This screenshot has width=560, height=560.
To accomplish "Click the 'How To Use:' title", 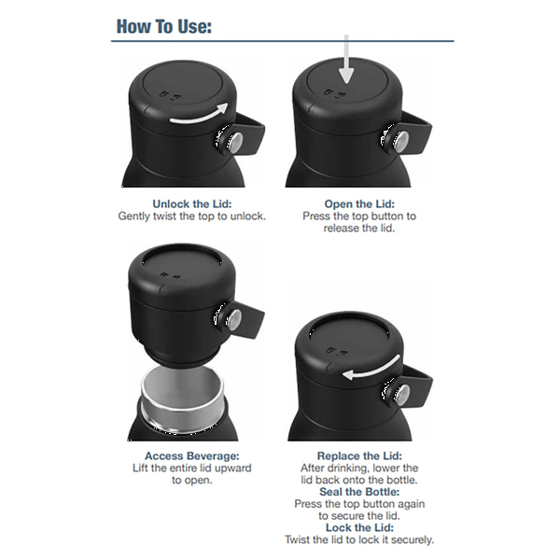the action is click(x=164, y=26).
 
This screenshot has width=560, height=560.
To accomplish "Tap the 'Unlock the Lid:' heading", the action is click(x=192, y=203).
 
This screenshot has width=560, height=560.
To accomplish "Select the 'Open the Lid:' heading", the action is click(x=359, y=203).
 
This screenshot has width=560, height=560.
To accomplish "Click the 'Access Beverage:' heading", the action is click(x=191, y=455).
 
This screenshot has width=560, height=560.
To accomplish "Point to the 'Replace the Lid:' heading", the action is click(x=359, y=455).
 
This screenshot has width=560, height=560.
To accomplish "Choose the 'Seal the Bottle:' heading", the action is click(x=359, y=492).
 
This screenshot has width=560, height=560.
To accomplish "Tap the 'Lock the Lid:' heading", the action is click(x=359, y=527).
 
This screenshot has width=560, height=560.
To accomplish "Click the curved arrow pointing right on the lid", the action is click(x=199, y=116).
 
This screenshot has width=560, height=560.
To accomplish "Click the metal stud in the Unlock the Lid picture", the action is click(x=234, y=142).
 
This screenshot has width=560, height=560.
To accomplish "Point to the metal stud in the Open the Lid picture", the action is click(x=401, y=141).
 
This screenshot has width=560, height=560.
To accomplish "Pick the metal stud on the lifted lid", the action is click(x=234, y=318).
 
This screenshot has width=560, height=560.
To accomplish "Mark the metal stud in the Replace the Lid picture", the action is click(x=403, y=394).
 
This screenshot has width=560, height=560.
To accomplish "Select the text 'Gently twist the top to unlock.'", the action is click(x=192, y=217).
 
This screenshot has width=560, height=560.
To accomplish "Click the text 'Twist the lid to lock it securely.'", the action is click(x=359, y=539).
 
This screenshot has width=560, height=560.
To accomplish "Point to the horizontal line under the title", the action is click(x=283, y=41).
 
